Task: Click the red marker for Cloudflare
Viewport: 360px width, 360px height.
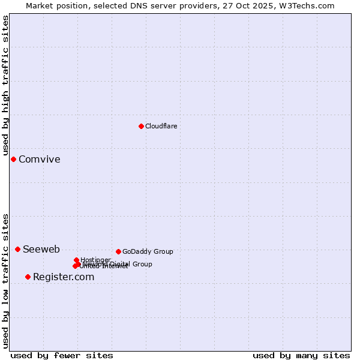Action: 141,126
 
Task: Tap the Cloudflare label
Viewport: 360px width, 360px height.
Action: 161,126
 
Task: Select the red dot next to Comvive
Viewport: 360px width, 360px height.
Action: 13,159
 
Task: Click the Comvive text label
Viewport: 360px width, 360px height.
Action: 39,159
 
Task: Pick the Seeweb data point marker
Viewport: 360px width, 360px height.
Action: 17,249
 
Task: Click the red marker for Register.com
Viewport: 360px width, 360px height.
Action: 28,277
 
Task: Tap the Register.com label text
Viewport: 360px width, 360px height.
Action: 64,277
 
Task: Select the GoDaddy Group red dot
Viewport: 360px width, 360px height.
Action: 118,251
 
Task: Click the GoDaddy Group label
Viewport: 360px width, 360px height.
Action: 148,251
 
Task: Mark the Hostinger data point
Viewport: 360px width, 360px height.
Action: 76,260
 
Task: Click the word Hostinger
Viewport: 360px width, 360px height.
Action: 95,260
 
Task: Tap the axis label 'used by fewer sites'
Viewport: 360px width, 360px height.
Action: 62,355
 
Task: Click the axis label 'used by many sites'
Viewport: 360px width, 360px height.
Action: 301,355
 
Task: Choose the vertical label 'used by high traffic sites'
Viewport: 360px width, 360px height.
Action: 5,86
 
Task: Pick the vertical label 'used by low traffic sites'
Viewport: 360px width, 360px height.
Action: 5,280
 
